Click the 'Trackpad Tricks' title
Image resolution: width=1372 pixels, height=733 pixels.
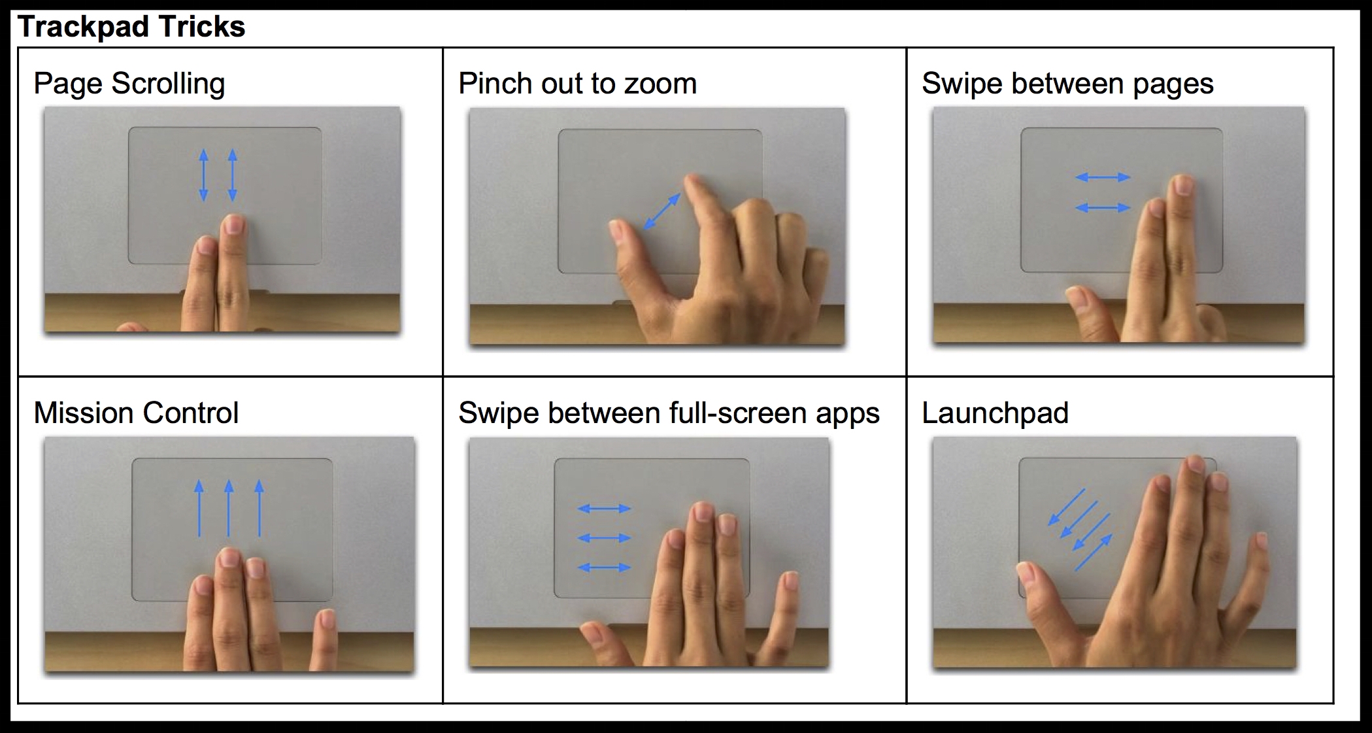(131, 27)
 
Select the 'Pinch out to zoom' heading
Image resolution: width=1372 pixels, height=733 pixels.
(578, 84)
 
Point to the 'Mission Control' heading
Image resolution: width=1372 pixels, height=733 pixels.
(136, 413)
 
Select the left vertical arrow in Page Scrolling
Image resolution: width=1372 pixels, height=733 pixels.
(203, 175)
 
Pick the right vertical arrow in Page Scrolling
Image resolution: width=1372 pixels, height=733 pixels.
(232, 175)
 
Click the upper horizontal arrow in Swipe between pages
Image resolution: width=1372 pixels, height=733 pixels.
(1103, 177)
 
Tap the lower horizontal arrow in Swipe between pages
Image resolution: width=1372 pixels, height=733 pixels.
(1103, 208)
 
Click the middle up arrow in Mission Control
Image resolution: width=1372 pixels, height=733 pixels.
(228, 508)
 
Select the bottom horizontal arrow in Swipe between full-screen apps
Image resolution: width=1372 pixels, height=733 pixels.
(605, 568)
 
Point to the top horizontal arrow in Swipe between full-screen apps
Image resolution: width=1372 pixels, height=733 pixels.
(605, 508)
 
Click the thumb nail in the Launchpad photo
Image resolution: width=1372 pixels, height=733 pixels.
(1026, 573)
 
